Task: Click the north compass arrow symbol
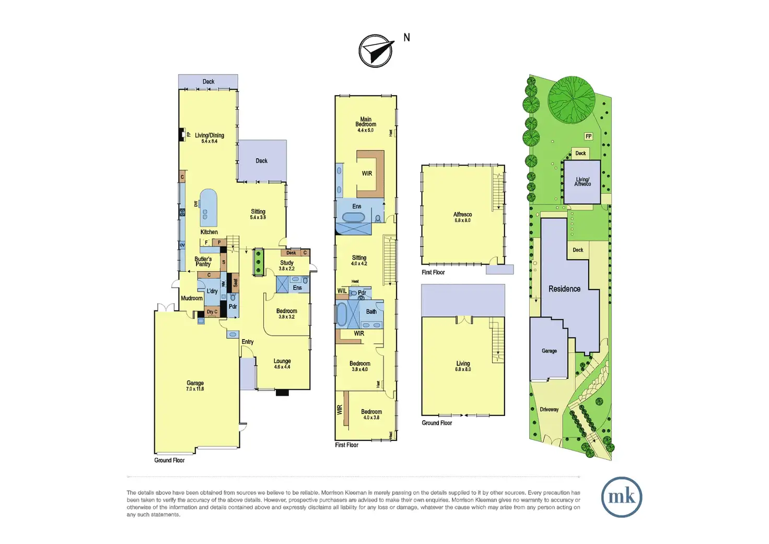pyautogui.click(x=376, y=51)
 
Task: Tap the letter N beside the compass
pyautogui.click(x=406, y=38)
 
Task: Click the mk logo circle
pyautogui.click(x=622, y=497)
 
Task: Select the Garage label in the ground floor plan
pyautogui.click(x=195, y=383)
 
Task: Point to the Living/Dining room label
pyautogui.click(x=209, y=135)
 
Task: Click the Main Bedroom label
pyautogui.click(x=366, y=122)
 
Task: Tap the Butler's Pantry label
pyautogui.click(x=203, y=261)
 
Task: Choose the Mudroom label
pyautogui.click(x=192, y=298)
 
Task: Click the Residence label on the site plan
pyautogui.click(x=564, y=289)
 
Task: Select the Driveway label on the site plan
pyautogui.click(x=549, y=410)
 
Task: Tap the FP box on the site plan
pyautogui.click(x=589, y=136)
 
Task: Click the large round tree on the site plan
pyautogui.click(x=571, y=99)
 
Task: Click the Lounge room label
pyautogui.click(x=282, y=361)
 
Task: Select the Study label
pyautogui.click(x=287, y=263)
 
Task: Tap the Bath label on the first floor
pyautogui.click(x=371, y=311)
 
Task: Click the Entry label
pyautogui.click(x=248, y=342)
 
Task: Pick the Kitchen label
pyautogui.click(x=209, y=232)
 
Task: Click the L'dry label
pyautogui.click(x=212, y=291)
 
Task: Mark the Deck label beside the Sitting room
pyautogui.click(x=262, y=161)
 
